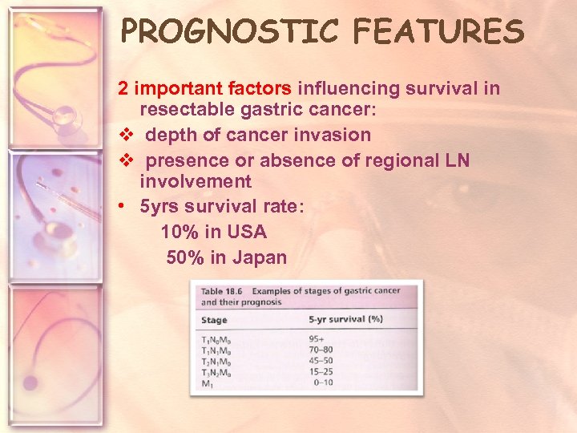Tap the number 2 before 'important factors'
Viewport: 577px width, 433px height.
(123, 88)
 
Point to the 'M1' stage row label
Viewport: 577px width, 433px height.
(207, 383)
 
